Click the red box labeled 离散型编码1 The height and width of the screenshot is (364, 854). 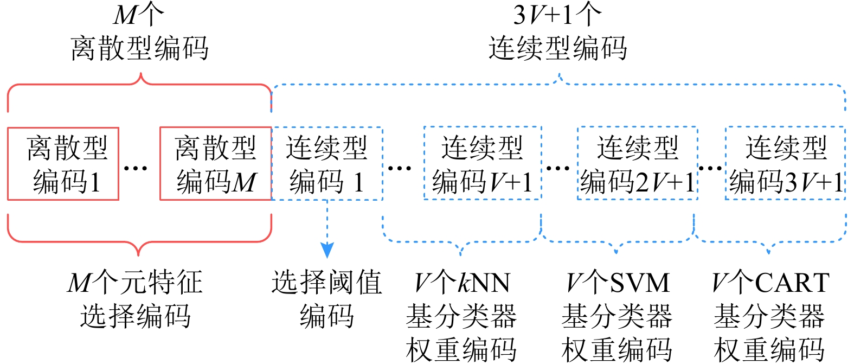click(x=63, y=164)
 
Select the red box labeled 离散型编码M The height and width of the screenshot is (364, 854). click(x=215, y=164)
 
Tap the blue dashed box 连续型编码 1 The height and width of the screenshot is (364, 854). click(x=327, y=164)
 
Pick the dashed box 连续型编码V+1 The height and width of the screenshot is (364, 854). click(x=482, y=164)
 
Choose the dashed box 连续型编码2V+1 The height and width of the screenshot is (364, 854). click(x=637, y=164)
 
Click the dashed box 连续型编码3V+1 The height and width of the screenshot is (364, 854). click(x=785, y=164)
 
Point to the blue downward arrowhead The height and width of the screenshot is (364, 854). click(x=327, y=250)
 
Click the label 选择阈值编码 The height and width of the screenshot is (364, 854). click(x=327, y=299)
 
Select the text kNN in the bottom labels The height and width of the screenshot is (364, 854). click(x=484, y=283)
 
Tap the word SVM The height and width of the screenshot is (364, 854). click(x=640, y=283)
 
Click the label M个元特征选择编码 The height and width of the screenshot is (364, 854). click(x=136, y=299)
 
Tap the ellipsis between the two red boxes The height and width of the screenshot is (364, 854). click(x=136, y=168)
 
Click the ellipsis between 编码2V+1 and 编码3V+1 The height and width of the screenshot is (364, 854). click(x=711, y=168)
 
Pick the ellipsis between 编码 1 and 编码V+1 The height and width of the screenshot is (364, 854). click(x=400, y=168)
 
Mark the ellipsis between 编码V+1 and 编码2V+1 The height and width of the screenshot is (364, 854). click(x=558, y=168)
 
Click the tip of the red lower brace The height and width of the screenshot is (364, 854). click(x=139, y=254)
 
